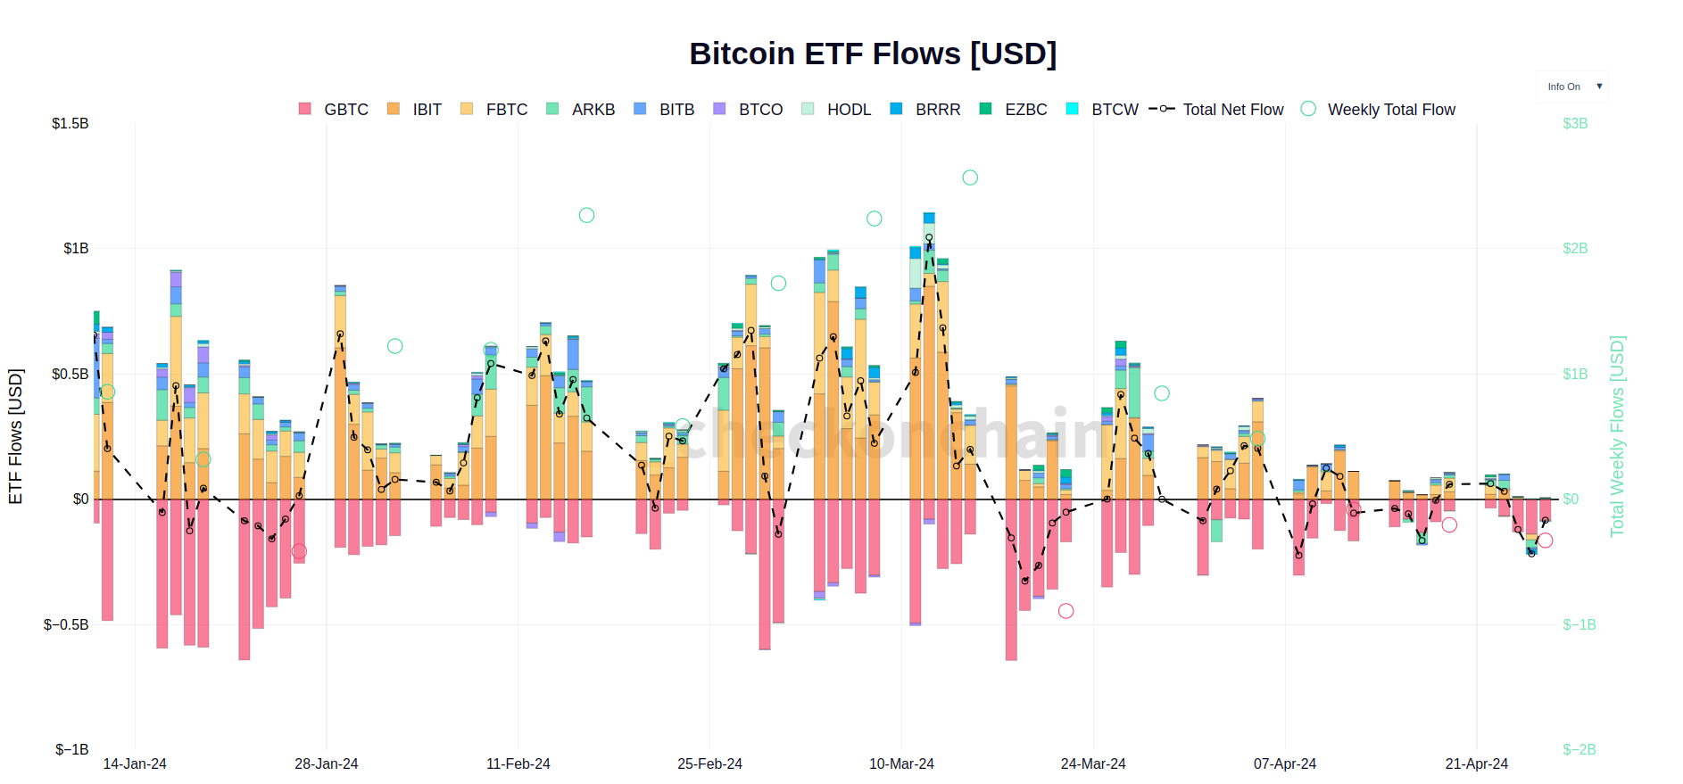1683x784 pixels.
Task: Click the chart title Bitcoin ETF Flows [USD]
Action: pos(872,54)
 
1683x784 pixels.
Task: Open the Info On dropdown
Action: pos(1572,87)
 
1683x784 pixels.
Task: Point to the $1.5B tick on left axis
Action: pos(70,123)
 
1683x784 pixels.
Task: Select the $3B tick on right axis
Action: pos(1574,123)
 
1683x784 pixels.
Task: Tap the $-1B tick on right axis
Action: pos(1578,624)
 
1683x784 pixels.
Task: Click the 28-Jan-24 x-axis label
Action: pos(326,763)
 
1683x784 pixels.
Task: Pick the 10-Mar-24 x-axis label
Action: pos(901,763)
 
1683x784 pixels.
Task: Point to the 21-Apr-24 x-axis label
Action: pos(1476,763)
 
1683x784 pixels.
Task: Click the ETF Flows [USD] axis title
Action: pos(15,436)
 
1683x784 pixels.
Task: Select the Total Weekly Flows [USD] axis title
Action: pos(1616,436)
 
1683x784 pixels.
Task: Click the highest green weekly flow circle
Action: pos(970,177)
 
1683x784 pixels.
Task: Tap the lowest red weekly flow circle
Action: pos(1065,611)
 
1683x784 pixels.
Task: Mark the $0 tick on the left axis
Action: pos(80,499)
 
